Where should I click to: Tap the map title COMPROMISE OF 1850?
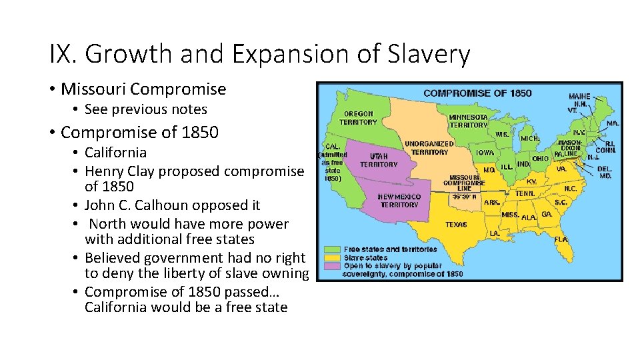(x=477, y=93)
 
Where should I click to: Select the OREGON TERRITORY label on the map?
(x=359, y=118)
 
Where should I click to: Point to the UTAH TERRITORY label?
(x=379, y=159)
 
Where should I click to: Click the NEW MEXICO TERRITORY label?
(x=399, y=201)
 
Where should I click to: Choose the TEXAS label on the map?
(x=456, y=225)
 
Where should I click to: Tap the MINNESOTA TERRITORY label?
(x=468, y=121)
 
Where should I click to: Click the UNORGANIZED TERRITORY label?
(x=429, y=148)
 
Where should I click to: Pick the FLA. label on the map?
(x=561, y=239)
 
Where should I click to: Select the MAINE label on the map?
(x=579, y=97)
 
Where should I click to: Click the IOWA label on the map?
(x=485, y=153)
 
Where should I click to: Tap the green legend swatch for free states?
(x=333, y=249)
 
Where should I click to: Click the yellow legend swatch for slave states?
(x=333, y=257)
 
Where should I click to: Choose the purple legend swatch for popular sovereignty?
(x=333, y=266)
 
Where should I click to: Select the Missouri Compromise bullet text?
(x=143, y=89)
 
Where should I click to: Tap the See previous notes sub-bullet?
(x=146, y=109)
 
